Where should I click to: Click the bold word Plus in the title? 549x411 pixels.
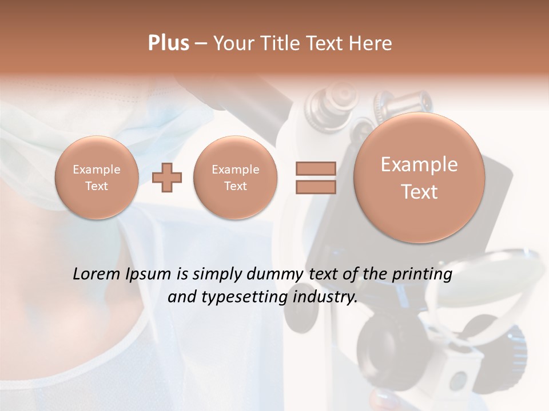coord(168,43)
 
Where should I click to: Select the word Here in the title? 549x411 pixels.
coord(372,43)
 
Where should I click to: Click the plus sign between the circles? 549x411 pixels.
coord(167,178)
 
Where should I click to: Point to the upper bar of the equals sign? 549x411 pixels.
coord(315,168)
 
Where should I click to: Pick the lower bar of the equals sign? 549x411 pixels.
coord(315,187)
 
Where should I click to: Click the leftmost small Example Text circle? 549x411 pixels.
coord(97,178)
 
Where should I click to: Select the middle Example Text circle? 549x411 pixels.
coord(236,178)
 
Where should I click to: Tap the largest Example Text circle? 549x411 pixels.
coord(419,178)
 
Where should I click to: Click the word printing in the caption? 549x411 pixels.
coord(423,275)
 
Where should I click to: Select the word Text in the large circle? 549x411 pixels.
coord(419,192)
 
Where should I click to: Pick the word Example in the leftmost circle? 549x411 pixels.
coord(97,170)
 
